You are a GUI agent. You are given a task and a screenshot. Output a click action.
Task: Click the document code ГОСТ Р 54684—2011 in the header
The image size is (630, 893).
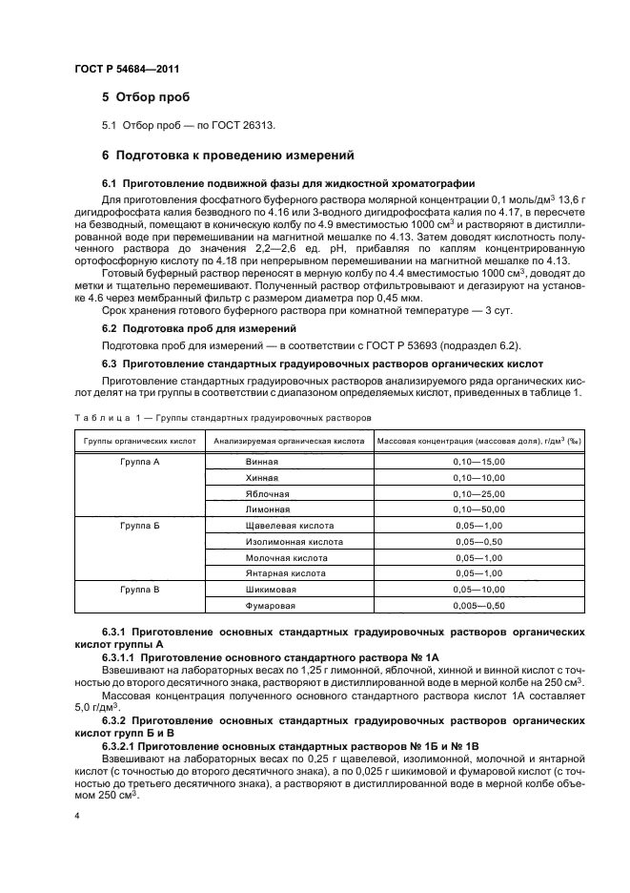(127, 69)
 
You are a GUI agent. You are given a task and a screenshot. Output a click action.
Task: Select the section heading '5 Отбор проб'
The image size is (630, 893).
(146, 98)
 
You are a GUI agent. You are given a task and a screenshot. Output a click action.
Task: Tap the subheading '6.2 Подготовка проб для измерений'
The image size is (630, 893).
(187, 327)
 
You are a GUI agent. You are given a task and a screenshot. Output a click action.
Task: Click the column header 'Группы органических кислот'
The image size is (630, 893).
(140, 441)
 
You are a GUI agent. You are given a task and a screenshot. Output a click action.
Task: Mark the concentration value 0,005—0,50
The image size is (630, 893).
(478, 606)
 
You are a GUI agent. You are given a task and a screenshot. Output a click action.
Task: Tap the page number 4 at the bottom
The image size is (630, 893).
(77, 816)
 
